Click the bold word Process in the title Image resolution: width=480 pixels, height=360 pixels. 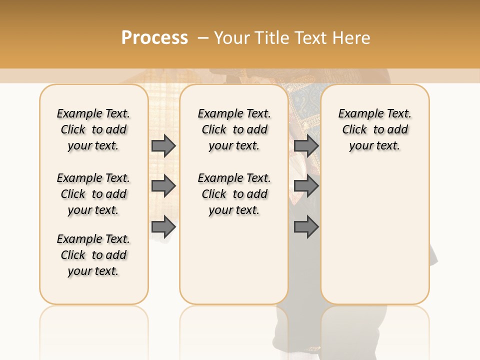point(154,37)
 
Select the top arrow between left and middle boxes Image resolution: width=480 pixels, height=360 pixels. point(163,145)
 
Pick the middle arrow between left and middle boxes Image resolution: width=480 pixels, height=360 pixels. point(163,186)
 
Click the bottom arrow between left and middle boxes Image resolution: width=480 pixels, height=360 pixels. point(163,227)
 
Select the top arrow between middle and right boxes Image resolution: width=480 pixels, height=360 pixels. point(306,145)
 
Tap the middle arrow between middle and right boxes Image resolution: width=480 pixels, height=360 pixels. point(306,186)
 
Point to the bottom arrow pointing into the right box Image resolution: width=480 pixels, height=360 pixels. point(306,227)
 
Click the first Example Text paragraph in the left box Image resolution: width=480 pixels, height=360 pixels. point(93,129)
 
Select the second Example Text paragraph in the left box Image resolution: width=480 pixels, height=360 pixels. point(93,194)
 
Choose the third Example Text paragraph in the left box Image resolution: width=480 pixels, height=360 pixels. point(93,255)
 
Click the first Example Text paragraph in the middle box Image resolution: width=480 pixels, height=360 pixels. point(234,129)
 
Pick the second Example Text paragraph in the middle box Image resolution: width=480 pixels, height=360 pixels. point(234,194)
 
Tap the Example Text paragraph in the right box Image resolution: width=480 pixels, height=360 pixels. point(375,129)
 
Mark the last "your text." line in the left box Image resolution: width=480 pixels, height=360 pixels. point(93,271)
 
